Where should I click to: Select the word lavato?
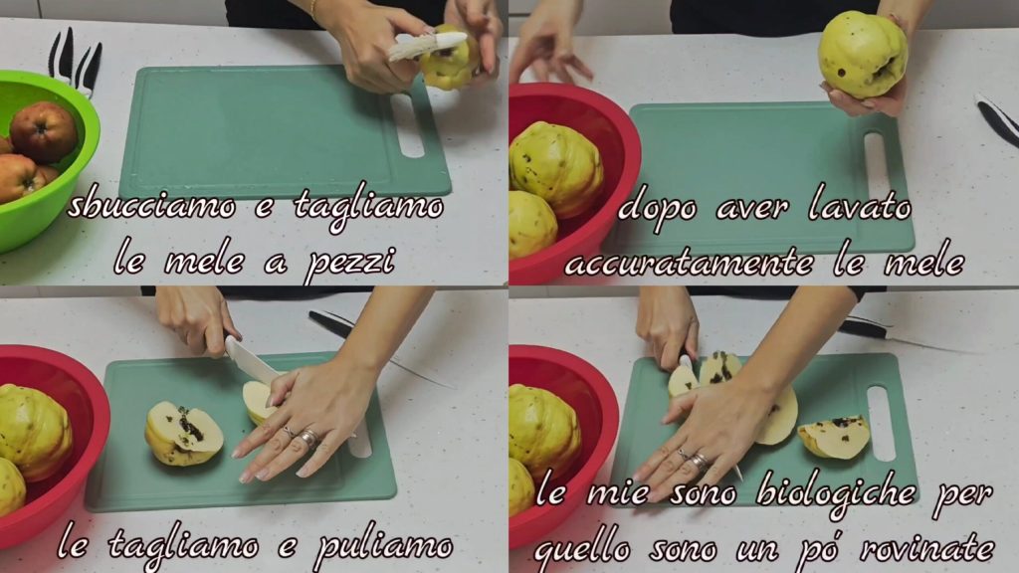tap(860, 206)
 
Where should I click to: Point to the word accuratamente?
tap(689, 264)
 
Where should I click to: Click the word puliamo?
tap(383, 546)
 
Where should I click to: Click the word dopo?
tap(658, 209)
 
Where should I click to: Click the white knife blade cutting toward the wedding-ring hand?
tap(252, 360)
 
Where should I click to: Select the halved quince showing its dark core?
tap(184, 433)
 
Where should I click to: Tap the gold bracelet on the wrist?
tap(313, 8)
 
